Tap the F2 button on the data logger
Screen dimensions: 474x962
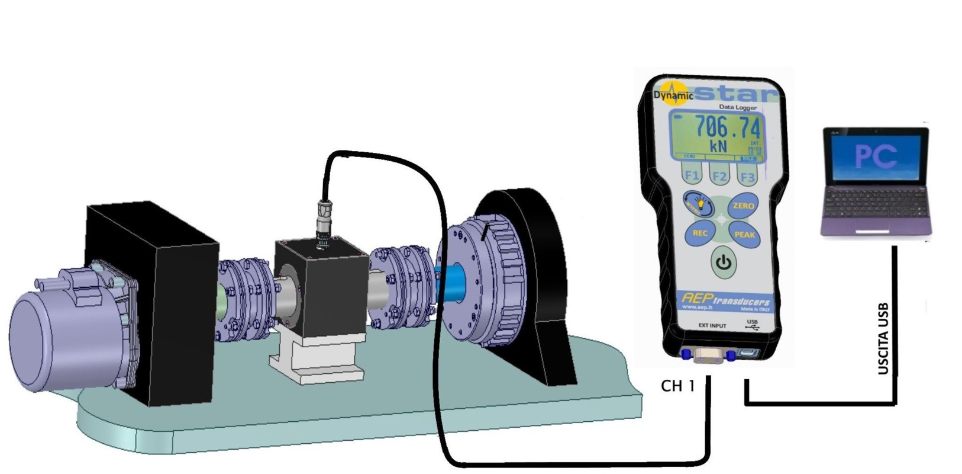click(x=719, y=177)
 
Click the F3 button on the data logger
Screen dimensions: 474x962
click(x=747, y=177)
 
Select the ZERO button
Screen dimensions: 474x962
click(x=743, y=206)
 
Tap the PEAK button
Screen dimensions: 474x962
click(x=744, y=234)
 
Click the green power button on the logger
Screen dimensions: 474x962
click(x=723, y=261)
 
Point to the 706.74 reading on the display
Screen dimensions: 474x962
click(x=727, y=127)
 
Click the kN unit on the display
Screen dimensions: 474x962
click(x=718, y=146)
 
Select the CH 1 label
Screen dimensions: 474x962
click(x=677, y=386)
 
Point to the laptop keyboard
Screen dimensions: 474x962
click(x=874, y=204)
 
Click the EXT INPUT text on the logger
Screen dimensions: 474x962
click(x=712, y=326)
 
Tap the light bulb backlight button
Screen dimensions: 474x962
click(x=699, y=205)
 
